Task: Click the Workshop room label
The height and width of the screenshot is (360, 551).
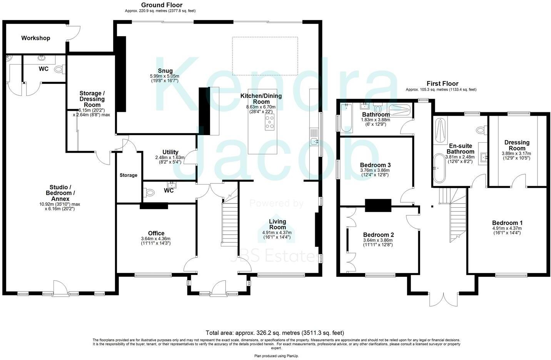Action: click(x=35, y=38)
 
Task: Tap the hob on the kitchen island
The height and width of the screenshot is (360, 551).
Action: click(x=270, y=121)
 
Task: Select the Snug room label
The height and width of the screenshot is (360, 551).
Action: click(x=165, y=70)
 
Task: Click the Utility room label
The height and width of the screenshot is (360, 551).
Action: click(x=170, y=152)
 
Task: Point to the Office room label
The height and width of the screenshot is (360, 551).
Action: click(x=156, y=233)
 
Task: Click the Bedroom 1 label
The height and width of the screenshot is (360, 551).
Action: click(x=507, y=223)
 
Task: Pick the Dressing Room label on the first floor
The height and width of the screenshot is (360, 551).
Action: click(x=517, y=145)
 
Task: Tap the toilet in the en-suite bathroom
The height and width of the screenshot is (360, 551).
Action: click(x=480, y=130)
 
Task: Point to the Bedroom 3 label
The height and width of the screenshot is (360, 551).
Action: click(x=375, y=165)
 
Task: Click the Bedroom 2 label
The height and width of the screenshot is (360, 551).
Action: click(x=378, y=235)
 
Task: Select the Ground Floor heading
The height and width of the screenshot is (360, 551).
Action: click(x=162, y=5)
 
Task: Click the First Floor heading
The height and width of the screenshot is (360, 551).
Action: click(x=442, y=83)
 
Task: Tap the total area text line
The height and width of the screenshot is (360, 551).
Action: click(x=275, y=333)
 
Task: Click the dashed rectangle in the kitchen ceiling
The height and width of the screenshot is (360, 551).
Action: click(x=265, y=56)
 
